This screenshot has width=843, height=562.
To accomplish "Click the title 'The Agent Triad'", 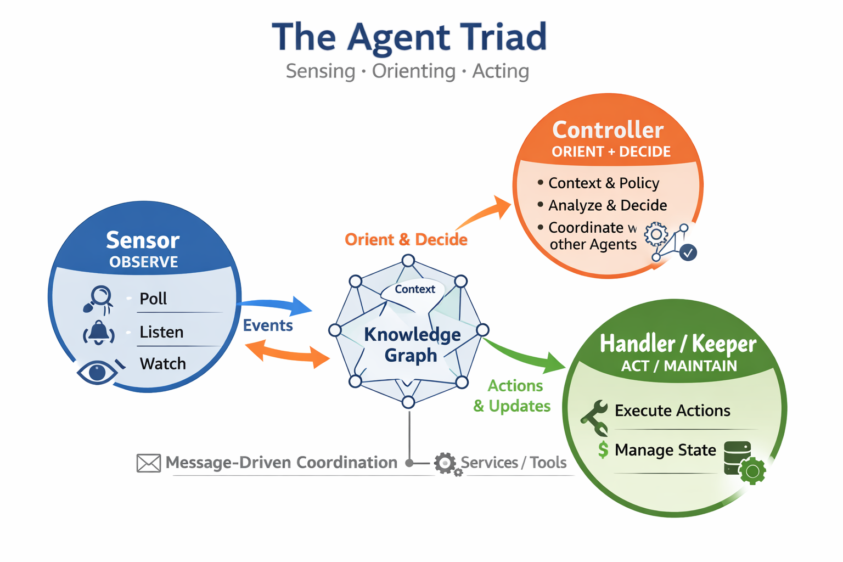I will click(409, 37).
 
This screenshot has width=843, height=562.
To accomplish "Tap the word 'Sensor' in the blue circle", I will click(143, 240).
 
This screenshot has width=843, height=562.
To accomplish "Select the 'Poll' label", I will click(153, 299).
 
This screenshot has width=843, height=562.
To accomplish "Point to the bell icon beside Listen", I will click(99, 333).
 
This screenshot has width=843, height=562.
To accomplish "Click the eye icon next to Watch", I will click(98, 372).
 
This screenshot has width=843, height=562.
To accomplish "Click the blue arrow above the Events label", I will click(277, 305).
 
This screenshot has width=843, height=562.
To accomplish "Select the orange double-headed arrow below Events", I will click(286, 353).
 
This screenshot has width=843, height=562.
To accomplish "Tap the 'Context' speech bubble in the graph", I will click(414, 289).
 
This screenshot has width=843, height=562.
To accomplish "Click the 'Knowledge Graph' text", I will click(412, 345).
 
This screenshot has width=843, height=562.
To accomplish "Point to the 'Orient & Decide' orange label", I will click(406, 239).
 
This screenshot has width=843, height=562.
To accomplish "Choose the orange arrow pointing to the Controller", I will click(486, 212).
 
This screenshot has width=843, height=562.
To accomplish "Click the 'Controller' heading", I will click(608, 130).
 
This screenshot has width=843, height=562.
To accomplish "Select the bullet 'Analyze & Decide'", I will click(608, 205).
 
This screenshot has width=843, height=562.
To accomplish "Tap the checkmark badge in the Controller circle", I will click(688, 252).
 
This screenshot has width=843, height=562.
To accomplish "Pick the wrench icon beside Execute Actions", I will click(595, 417).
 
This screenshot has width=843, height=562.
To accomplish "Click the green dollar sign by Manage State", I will click(603, 450).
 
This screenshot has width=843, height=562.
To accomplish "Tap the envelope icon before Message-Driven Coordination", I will click(148, 463).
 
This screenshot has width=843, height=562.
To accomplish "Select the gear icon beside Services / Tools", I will click(445, 463).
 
